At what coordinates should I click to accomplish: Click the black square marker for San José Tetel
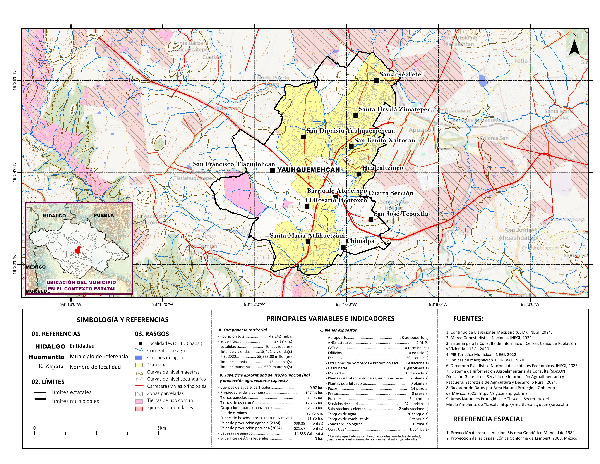point(376,81)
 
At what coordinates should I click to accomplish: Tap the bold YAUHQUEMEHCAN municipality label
point(309,170)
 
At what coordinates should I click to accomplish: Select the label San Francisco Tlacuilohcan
point(234,164)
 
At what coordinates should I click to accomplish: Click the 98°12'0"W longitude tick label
point(254,304)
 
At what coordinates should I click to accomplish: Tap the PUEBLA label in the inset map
point(104,215)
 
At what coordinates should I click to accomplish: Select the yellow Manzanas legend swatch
point(139,365)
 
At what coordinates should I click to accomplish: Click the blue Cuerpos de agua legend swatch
point(139,358)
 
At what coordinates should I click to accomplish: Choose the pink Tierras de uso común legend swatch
point(139,401)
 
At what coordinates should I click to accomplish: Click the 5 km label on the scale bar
point(161,428)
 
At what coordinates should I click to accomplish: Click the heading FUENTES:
point(468,319)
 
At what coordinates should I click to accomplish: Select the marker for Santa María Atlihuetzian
point(308,242)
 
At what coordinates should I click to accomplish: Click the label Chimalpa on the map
point(360,241)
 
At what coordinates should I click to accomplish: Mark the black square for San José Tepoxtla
point(371,220)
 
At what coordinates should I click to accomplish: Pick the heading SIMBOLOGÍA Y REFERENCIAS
point(123,320)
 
